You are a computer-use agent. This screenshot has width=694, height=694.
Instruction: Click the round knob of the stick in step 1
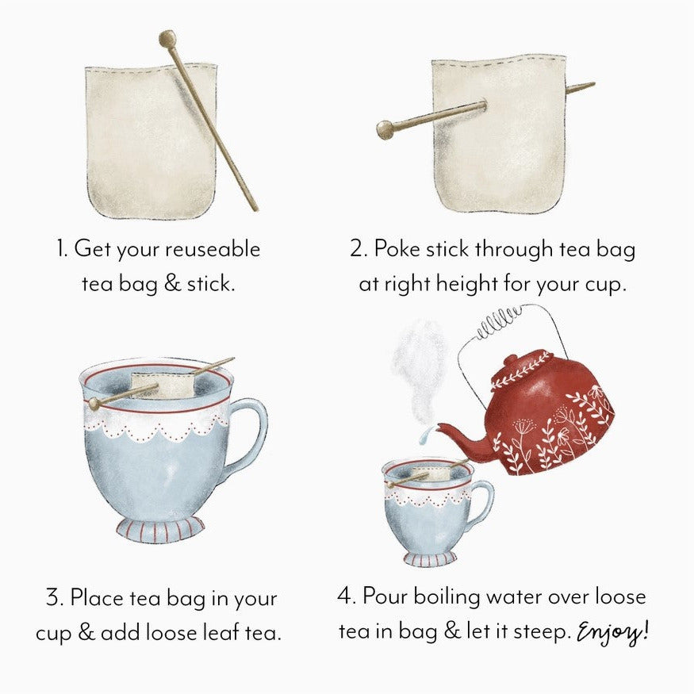[167, 37]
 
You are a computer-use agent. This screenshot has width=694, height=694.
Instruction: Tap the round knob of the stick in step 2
[385, 129]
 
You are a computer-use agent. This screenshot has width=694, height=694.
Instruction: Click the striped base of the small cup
[430, 558]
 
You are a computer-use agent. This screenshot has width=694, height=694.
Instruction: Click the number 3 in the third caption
[54, 597]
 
